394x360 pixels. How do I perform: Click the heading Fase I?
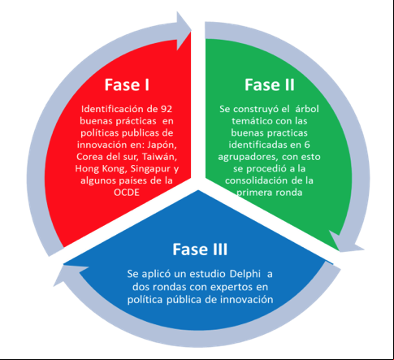coord(127,85)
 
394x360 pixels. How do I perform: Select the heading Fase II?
coord(270,85)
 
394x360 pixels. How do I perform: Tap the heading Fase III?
coord(200,249)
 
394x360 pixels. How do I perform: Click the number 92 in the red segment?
coord(167,109)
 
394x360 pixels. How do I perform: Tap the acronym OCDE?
coord(127,193)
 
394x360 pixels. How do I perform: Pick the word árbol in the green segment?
coord(307,109)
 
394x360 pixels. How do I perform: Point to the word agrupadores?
coord(249,158)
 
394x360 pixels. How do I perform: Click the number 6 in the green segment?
coord(307,145)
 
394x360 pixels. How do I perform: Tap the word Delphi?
coord(245,275)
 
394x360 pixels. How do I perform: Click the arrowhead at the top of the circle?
coord(184,30)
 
